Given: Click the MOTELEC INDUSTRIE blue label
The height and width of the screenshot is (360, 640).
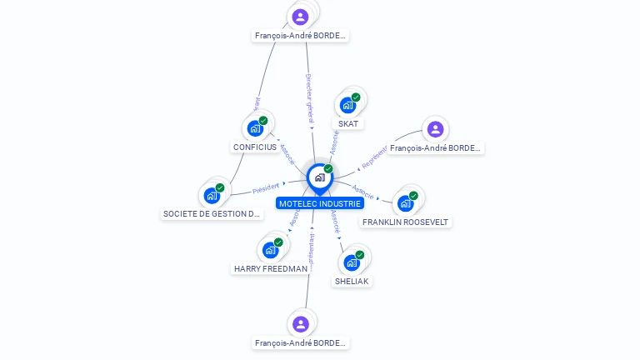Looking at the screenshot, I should [x=320, y=203].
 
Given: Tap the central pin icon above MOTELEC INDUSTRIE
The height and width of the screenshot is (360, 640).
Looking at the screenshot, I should [x=319, y=177].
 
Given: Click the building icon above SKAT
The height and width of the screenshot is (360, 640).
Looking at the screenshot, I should [x=347, y=105].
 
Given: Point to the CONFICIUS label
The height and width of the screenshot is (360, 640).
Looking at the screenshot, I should [x=255, y=147].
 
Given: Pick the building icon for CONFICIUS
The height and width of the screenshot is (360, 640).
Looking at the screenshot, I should [x=255, y=128].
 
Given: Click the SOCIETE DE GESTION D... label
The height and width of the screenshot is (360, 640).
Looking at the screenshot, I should [x=212, y=214].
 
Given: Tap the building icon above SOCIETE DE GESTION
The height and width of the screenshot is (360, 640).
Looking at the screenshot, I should [x=212, y=196].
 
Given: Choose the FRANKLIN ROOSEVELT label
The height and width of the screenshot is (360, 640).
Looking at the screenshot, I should [x=406, y=222].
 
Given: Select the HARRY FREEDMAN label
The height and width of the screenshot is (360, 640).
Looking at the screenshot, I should [x=270, y=269].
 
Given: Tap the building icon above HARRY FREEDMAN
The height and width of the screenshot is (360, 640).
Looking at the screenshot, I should [x=270, y=249].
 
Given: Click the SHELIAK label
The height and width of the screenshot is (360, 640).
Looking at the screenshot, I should [x=352, y=282].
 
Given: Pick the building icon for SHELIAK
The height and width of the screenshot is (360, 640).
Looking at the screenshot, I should [x=352, y=262].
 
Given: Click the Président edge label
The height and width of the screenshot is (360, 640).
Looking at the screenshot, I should [x=266, y=187].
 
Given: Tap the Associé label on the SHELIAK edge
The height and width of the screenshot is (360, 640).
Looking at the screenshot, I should [x=335, y=221].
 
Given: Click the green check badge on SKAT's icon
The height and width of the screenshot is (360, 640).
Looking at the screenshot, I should [x=356, y=97].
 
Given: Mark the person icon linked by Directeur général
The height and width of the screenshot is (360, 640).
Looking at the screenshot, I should [x=300, y=17].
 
